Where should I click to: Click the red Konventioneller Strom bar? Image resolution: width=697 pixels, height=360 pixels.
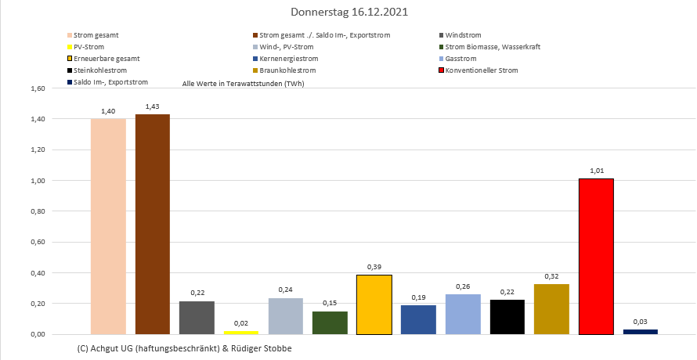pyautogui.click(x=596, y=257)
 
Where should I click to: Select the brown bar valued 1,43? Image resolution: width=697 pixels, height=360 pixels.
pyautogui.click(x=152, y=225)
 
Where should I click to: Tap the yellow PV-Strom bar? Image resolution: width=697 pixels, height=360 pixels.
pyautogui.click(x=241, y=333)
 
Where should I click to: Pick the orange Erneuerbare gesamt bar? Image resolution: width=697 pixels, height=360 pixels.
pyautogui.click(x=374, y=304)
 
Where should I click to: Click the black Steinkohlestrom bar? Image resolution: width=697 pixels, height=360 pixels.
pyautogui.click(x=507, y=317)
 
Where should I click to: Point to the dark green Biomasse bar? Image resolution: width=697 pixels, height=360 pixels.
pyautogui.click(x=330, y=323)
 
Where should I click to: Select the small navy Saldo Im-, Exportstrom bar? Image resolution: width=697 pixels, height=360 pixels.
pyautogui.click(x=640, y=332)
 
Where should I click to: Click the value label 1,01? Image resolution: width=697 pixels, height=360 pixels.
pyautogui.click(x=596, y=170)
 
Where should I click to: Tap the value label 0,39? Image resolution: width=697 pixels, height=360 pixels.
pyautogui.click(x=374, y=266)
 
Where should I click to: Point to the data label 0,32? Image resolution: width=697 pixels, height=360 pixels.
pyautogui.click(x=551, y=276)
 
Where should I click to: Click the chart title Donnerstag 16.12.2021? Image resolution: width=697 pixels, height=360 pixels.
pyautogui.click(x=348, y=13)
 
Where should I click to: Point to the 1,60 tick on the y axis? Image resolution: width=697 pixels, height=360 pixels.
pyautogui.click(x=38, y=88)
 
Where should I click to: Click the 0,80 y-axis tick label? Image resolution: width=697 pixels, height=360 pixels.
pyautogui.click(x=38, y=211)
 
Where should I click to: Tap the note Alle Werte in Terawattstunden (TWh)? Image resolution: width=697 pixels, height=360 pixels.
pyautogui.click(x=243, y=83)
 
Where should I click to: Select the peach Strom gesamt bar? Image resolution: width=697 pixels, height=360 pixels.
pyautogui.click(x=108, y=226)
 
